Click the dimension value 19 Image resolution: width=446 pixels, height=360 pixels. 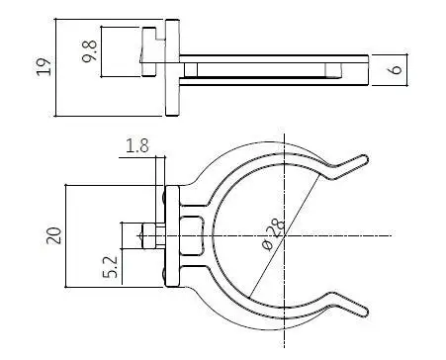pyautogui.click(x=45, y=67)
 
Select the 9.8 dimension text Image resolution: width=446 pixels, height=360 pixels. pyautogui.click(x=90, y=50)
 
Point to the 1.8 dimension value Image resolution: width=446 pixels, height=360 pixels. pyautogui.click(x=137, y=145)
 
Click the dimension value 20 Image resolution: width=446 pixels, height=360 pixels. pyautogui.click(x=54, y=235)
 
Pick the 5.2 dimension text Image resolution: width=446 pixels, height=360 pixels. pyautogui.click(x=111, y=266)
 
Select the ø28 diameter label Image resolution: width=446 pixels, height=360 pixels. pyautogui.click(x=273, y=233)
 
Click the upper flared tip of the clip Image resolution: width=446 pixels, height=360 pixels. pyautogui.click(x=364, y=159)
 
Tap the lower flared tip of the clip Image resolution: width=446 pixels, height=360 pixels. pyautogui.click(x=364, y=312)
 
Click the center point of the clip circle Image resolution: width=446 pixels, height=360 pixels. pyautogui.click(x=285, y=235)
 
